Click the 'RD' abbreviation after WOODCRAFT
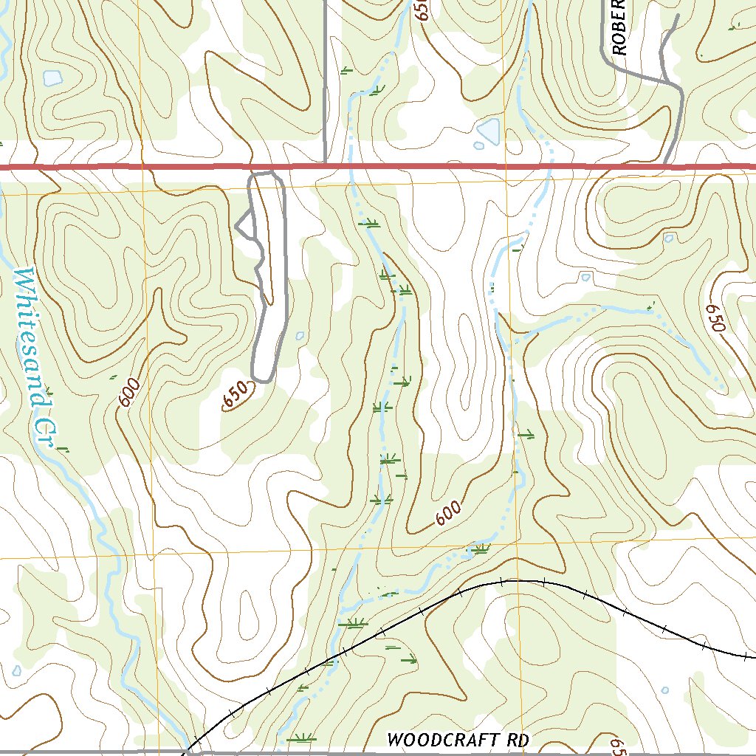pyautogui.click(x=514, y=740)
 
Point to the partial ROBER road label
pyautogui.click(x=619, y=28)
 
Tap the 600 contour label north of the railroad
pyautogui.click(x=447, y=512)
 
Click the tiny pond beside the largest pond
pyautogui.click(x=479, y=145)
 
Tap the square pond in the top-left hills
pyautogui.click(x=52, y=78)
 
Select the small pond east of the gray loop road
pyautogui.click(x=299, y=336)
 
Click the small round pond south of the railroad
pyautogui.click(x=665, y=690)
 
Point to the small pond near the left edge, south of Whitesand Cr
pyautogui.click(x=16, y=670)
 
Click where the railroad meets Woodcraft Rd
pyautogui.click(x=189, y=752)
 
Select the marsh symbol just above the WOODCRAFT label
pyautogui.click(x=301, y=737)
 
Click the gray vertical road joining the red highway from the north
pyautogui.click(x=326, y=89)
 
